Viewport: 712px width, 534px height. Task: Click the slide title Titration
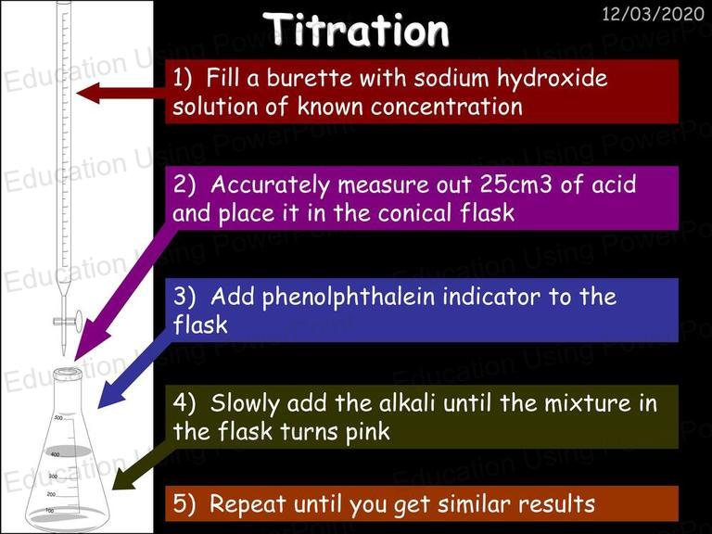pos(356,30)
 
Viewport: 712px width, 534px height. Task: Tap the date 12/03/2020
pos(653,14)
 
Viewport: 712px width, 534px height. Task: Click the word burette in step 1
pos(309,78)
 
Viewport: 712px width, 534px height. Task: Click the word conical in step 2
pos(415,212)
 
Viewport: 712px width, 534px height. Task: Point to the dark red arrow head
pos(88,93)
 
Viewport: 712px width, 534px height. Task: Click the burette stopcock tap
pos(68,320)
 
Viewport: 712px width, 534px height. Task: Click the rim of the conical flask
pos(68,374)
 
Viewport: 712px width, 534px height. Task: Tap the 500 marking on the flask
pos(58,417)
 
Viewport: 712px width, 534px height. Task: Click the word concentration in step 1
pos(446,108)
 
